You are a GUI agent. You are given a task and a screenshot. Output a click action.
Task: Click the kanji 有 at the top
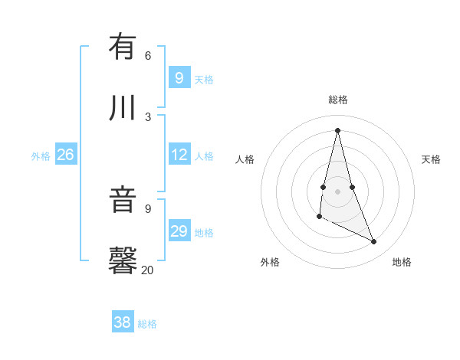(123, 47)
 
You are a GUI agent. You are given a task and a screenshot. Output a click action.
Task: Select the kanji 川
(123, 107)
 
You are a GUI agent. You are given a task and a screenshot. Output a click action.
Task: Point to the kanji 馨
(123, 260)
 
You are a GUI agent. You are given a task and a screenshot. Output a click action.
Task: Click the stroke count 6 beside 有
(148, 55)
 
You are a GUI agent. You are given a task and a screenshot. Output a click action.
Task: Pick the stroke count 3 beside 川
(148, 116)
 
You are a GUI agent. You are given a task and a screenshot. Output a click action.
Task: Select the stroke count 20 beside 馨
(147, 270)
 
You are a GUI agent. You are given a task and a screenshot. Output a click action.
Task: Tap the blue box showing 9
(179, 78)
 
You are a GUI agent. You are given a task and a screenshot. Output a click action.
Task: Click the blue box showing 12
(179, 155)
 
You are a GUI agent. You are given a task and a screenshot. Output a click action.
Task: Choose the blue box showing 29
(179, 231)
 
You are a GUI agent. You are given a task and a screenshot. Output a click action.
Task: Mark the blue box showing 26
(65, 155)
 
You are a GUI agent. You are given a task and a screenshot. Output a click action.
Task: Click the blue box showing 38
(123, 322)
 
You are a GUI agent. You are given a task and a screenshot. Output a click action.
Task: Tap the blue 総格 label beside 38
(147, 324)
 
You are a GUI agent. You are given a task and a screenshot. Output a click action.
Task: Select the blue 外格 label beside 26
(41, 156)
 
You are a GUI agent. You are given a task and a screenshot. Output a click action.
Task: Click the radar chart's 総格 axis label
(337, 100)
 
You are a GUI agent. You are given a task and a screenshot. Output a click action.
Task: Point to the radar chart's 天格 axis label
(431, 159)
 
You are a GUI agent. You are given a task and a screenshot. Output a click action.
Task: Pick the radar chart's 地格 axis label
(402, 262)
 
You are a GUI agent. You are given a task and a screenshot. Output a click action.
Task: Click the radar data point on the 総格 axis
(337, 129)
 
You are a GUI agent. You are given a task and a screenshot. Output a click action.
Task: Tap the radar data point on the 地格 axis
(374, 242)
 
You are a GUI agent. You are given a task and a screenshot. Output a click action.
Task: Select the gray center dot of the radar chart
(337, 191)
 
